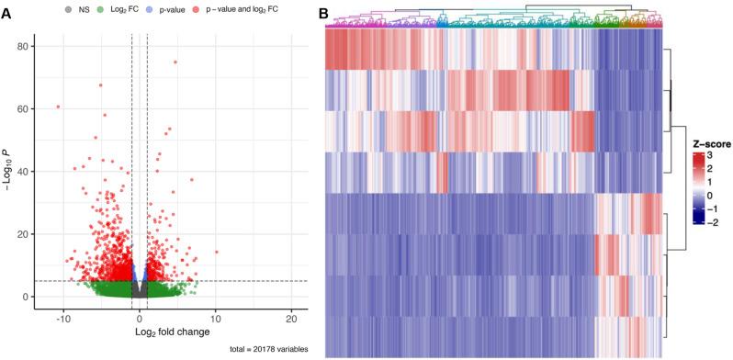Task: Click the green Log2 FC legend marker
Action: click(x=100, y=10)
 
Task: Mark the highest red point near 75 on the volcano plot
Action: click(x=175, y=62)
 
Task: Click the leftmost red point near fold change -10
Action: click(x=58, y=107)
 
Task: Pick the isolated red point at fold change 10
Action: click(x=216, y=251)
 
